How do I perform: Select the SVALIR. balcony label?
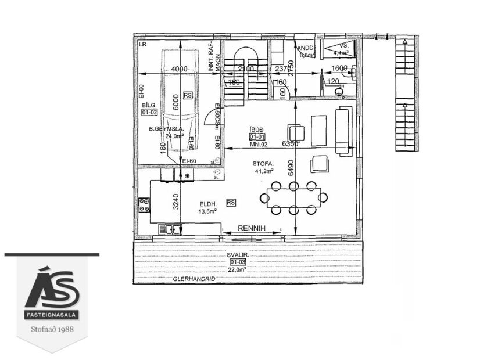pyautogui.click(x=242, y=254)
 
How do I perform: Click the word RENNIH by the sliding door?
pyautogui.click(x=251, y=229)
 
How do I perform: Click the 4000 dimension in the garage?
pyautogui.click(x=180, y=69)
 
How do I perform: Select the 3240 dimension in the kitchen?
pyautogui.click(x=174, y=200)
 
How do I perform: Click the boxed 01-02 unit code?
pyautogui.click(x=150, y=113)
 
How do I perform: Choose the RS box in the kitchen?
pyautogui.click(x=231, y=203)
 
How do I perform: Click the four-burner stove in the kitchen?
pyautogui.click(x=144, y=204)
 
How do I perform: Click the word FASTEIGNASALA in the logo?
pyautogui.click(x=52, y=316)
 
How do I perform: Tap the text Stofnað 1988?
pyautogui.click(x=52, y=335)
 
